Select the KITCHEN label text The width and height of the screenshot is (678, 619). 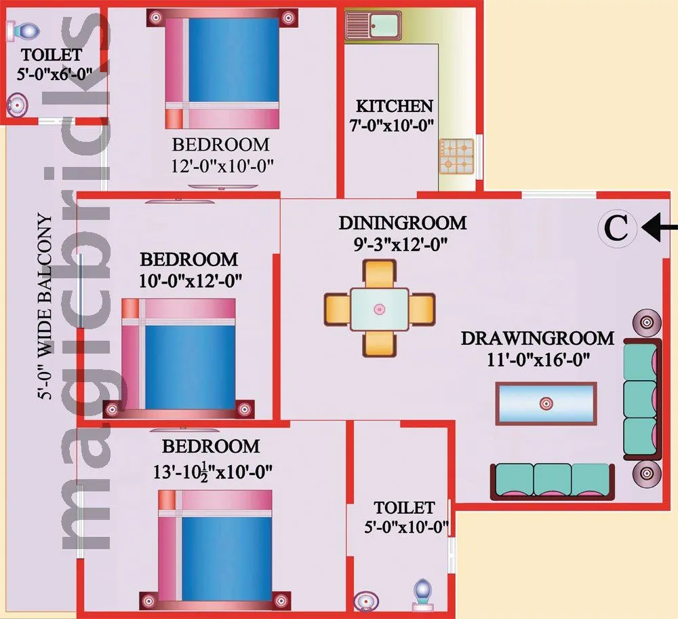point(394,106)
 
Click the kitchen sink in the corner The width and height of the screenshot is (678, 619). point(373,25)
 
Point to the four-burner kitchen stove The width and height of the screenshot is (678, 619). point(455,155)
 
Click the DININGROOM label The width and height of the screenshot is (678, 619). point(403,223)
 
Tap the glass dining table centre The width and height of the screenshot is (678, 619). point(379,309)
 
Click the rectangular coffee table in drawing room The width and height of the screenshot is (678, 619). point(546,403)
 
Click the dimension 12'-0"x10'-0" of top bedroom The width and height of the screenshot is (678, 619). point(222,165)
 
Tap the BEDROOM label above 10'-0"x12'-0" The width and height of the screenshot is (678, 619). point(188,259)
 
